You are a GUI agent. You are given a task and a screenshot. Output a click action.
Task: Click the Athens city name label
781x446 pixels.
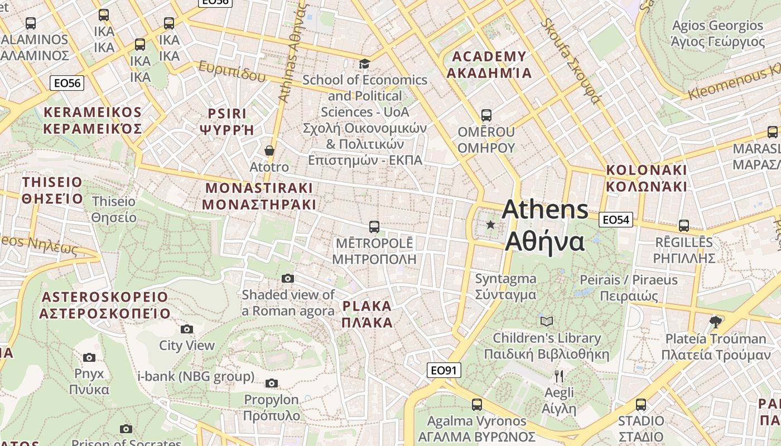click(x=545, y=226)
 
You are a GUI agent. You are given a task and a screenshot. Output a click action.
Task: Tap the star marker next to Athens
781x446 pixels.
click(x=490, y=225)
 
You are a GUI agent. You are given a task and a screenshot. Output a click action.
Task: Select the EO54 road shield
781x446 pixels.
click(x=616, y=220)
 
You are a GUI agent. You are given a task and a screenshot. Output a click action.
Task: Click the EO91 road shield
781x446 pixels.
click(x=444, y=370)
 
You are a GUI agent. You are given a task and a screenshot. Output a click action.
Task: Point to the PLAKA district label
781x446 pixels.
click(x=367, y=314)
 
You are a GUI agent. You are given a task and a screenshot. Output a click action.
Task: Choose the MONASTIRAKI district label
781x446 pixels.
click(x=259, y=196)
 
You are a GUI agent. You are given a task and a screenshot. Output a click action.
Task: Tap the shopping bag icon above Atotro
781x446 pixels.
click(x=269, y=151)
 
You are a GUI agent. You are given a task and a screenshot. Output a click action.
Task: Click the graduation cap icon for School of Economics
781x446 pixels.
click(x=364, y=64)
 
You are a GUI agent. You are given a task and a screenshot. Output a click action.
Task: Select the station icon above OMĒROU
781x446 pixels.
click(x=486, y=115)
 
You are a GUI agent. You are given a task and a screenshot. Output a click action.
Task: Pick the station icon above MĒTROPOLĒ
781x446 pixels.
click(x=374, y=227)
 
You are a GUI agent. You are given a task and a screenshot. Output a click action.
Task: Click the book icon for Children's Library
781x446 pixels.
click(x=547, y=321)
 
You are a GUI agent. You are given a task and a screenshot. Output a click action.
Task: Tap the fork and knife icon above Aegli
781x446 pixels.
click(x=559, y=376)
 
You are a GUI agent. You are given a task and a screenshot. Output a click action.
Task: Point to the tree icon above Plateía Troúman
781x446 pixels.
click(x=715, y=322)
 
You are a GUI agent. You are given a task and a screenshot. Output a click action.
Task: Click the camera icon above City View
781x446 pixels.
click(x=187, y=329)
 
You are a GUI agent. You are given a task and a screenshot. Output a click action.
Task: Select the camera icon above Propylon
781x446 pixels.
click(x=272, y=383)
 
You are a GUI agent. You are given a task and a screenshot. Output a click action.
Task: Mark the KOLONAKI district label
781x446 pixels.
click(x=647, y=178)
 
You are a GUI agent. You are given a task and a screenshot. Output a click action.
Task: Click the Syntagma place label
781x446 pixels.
click(x=505, y=287)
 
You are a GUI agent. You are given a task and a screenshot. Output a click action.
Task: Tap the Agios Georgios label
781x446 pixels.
click(x=717, y=33)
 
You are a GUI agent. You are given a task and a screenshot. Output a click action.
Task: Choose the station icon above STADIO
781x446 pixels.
click(x=641, y=404)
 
